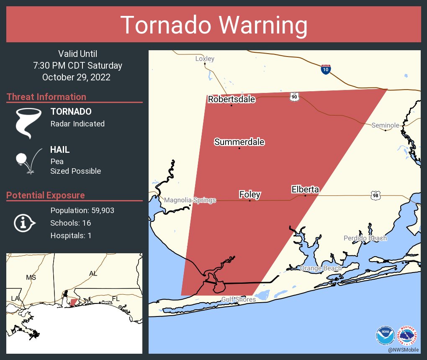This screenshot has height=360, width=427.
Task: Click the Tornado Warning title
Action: [x=213, y=25]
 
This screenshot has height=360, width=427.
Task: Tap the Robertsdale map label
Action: [x=232, y=99]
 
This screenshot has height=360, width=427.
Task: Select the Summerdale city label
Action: [x=239, y=142]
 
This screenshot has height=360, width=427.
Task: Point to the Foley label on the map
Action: [x=250, y=194]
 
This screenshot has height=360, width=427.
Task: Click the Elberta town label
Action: [x=305, y=190]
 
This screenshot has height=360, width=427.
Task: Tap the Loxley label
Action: [x=205, y=59]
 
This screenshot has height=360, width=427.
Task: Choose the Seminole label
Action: [x=385, y=125]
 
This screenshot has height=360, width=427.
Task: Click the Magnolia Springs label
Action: [x=190, y=200]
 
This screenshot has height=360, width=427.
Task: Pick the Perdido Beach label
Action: [x=365, y=238]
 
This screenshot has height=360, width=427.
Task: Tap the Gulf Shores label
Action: [x=238, y=299]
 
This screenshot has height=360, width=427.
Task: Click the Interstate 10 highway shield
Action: [x=326, y=69]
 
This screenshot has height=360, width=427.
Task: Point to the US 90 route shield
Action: [x=294, y=97]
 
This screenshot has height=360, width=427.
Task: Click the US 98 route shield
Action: [x=375, y=195]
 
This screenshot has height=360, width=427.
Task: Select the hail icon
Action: [x=28, y=160]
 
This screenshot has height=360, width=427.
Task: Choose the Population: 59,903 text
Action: [x=82, y=210]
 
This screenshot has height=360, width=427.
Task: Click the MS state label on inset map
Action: [x=31, y=277]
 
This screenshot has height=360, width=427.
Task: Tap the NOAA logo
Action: [x=385, y=335]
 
